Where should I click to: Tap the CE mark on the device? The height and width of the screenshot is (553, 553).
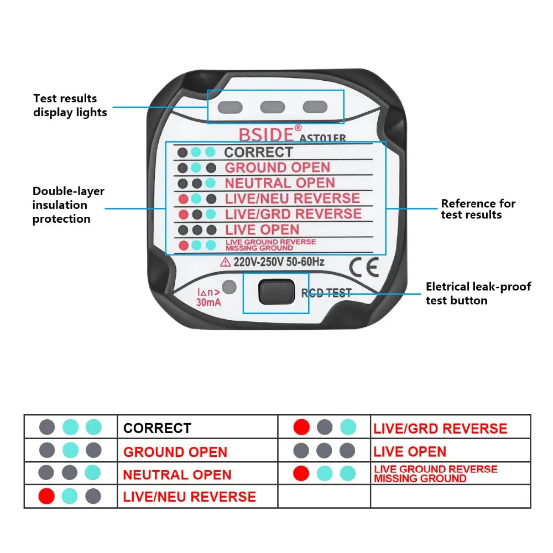(x=364, y=268)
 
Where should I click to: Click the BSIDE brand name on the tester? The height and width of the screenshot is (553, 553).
(x=267, y=134)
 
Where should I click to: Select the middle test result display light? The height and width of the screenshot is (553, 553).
(x=272, y=107)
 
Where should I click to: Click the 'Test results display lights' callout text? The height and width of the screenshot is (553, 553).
(x=70, y=105)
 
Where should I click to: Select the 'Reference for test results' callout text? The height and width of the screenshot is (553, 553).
(x=478, y=209)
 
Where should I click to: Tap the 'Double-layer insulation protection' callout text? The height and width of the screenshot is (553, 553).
(x=68, y=205)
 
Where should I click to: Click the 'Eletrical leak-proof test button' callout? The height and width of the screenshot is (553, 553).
(x=478, y=293)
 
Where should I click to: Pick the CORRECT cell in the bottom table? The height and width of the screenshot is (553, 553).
(x=157, y=428)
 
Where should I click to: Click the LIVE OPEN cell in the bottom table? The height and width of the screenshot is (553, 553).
(x=409, y=452)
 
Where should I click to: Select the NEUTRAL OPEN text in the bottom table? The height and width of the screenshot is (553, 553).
(x=177, y=475)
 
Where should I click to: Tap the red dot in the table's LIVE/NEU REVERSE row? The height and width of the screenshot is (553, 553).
(x=46, y=497)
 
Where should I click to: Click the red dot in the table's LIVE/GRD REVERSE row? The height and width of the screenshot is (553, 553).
(x=301, y=427)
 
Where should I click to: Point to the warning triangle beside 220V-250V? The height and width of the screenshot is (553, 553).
(x=226, y=263)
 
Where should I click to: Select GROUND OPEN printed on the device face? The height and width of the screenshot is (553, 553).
(x=277, y=168)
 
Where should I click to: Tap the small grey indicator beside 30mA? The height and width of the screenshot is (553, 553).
(x=229, y=288)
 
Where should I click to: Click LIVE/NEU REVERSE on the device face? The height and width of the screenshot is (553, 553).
(x=292, y=199)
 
